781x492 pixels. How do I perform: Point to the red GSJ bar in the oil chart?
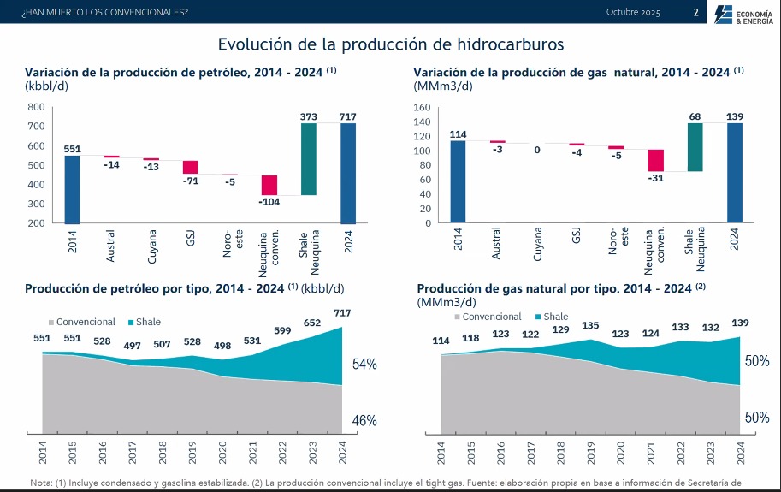[190, 167]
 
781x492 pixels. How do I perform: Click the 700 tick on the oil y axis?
[36, 127]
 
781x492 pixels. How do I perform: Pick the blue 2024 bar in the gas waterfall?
[734, 173]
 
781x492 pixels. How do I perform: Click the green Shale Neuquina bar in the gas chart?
[695, 147]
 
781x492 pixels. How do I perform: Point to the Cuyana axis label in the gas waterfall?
[537, 244]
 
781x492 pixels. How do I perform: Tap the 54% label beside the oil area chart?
[365, 365]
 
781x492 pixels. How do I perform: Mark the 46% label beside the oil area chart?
[365, 421]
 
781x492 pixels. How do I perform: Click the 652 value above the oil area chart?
[312, 323]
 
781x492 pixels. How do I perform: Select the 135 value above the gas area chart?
[590, 325]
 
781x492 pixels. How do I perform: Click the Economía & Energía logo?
[745, 14]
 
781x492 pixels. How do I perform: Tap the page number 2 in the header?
[695, 12]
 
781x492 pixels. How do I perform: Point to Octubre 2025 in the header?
[633, 12]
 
